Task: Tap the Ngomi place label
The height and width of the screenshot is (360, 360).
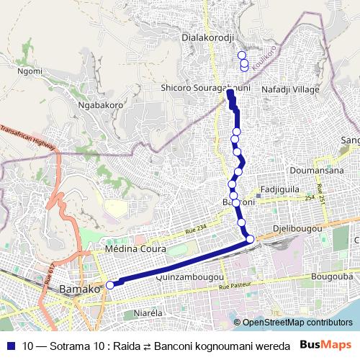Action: (x=30, y=72)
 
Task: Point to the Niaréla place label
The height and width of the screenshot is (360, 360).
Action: (x=150, y=314)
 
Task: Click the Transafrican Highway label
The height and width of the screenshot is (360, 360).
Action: (x=28, y=141)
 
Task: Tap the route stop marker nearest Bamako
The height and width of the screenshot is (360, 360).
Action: (x=110, y=285)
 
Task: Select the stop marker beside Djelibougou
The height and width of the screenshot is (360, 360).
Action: (x=250, y=239)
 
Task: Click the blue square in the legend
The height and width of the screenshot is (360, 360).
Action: (x=12, y=345)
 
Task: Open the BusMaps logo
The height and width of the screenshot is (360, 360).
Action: (x=325, y=344)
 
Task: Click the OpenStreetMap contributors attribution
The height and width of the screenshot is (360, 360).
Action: (x=297, y=323)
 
